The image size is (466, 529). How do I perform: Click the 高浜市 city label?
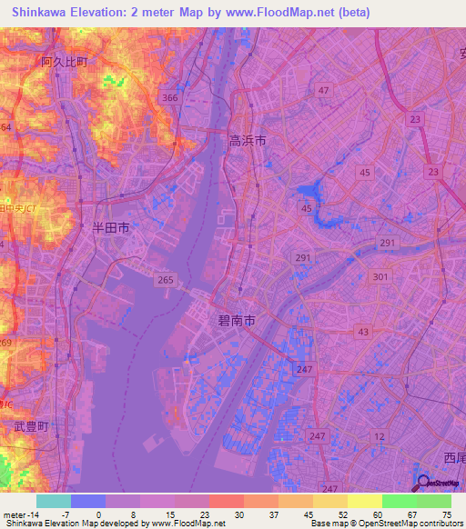(248, 141)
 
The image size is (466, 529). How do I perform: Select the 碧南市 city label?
(236, 321)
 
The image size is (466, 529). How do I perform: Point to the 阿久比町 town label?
(65, 62)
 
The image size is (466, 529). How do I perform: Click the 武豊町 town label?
(31, 426)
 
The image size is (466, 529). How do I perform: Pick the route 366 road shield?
(167, 97)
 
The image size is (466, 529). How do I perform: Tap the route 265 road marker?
(164, 280)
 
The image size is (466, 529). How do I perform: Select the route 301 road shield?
(380, 277)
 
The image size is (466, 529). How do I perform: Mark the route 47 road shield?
(323, 90)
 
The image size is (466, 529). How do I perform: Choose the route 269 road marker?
(5, 342)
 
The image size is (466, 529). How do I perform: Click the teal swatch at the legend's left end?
(53, 501)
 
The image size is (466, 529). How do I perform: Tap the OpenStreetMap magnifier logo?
(422, 483)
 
